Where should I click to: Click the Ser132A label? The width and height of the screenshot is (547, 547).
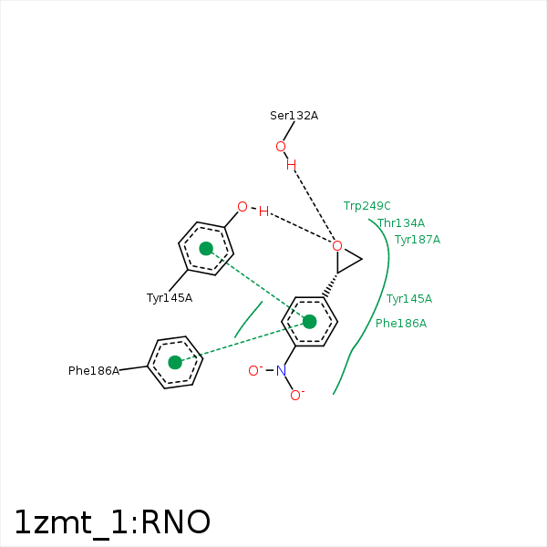[294, 116]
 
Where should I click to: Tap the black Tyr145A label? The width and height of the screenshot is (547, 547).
[170, 298]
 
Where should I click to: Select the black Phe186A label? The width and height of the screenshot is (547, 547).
[94, 371]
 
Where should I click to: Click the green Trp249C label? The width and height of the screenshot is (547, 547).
[366, 206]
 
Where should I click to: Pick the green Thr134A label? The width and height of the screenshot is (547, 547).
[400, 222]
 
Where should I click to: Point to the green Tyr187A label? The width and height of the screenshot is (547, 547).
[418, 240]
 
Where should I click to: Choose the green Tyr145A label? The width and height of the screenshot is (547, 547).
[408, 299]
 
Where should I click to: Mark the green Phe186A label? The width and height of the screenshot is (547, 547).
[400, 324]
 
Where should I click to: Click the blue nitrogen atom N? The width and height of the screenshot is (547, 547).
[281, 371]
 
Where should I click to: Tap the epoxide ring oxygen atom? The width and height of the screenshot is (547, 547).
[336, 245]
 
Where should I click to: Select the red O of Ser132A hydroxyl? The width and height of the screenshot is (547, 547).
[280, 147]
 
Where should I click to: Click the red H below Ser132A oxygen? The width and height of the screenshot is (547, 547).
[291, 165]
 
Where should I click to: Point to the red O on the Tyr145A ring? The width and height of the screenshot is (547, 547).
[242, 207]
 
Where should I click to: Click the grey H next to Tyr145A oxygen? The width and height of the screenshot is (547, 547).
[263, 212]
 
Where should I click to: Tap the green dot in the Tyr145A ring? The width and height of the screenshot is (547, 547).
[206, 248]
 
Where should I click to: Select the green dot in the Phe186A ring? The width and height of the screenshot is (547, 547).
[175, 362]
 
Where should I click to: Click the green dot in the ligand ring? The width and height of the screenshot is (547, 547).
[309, 321]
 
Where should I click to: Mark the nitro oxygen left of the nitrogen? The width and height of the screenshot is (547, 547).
[254, 371]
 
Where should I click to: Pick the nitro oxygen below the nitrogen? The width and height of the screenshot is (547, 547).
[295, 396]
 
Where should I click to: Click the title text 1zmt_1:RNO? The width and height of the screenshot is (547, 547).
[112, 522]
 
